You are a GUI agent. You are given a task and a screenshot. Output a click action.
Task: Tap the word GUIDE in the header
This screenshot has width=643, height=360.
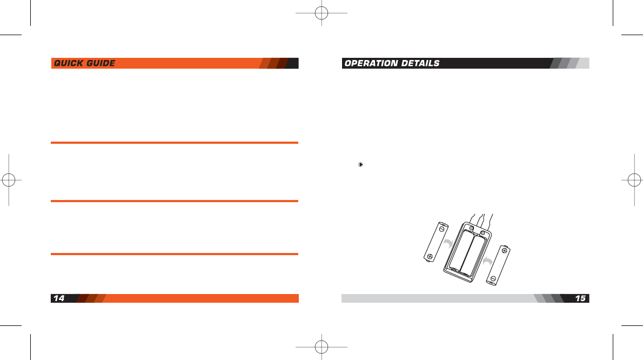(x=100, y=64)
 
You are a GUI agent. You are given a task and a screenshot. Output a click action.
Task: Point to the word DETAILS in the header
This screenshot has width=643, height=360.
(x=420, y=64)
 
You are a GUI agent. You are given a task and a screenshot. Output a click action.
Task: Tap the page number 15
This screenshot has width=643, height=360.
(x=580, y=298)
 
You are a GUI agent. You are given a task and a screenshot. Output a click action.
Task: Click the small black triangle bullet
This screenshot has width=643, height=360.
(x=360, y=164)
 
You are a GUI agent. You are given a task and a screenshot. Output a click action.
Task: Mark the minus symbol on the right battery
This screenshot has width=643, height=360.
(x=493, y=279)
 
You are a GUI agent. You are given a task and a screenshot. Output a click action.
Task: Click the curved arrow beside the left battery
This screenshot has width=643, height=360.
(x=448, y=244)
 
